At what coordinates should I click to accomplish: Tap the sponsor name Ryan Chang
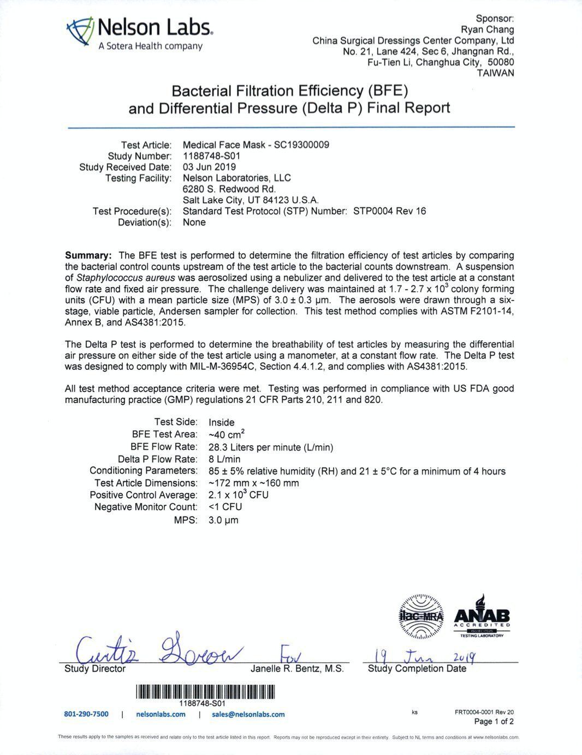click(488, 29)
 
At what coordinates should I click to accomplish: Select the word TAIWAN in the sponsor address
click(495, 73)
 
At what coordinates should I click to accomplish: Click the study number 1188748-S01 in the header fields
click(212, 156)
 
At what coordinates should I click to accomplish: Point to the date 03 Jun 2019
click(209, 167)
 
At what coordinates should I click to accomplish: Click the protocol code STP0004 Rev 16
click(389, 211)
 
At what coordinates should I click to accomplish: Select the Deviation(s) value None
click(194, 222)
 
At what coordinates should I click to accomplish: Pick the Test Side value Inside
click(222, 422)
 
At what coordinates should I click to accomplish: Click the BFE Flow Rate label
click(164, 447)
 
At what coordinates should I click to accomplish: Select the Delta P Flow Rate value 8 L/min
click(224, 459)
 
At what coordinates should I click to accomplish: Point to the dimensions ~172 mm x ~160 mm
click(254, 483)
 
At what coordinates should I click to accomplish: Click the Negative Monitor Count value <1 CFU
click(225, 507)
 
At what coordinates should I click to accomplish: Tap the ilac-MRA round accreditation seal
click(422, 616)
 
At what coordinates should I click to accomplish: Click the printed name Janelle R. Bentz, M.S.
click(297, 669)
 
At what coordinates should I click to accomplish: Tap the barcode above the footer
click(205, 692)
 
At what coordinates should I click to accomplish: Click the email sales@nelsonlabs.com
click(248, 714)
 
